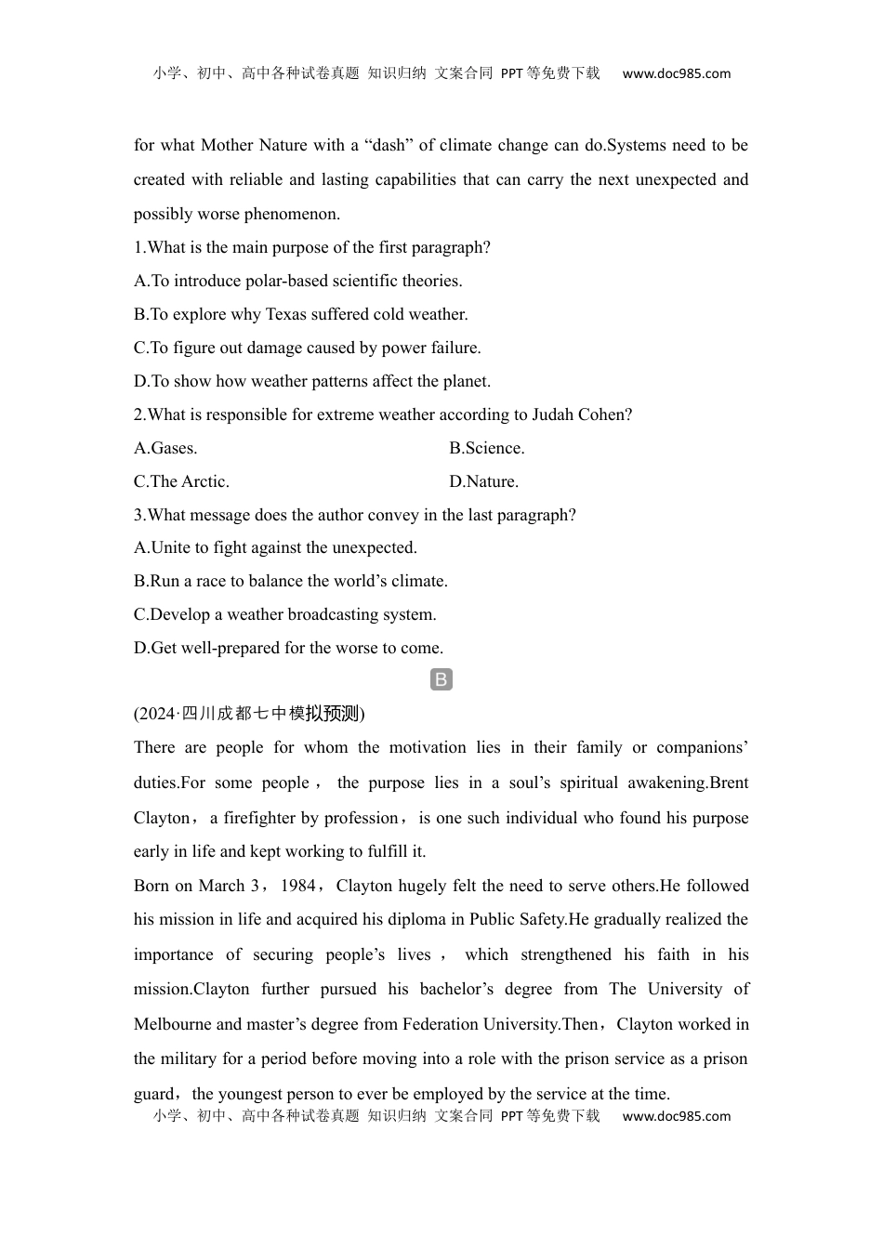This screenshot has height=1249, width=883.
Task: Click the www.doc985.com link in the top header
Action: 676,73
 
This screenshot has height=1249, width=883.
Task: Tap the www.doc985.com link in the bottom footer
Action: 676,1116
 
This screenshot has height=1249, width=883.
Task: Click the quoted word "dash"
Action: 388,145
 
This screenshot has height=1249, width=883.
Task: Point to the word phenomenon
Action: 292,214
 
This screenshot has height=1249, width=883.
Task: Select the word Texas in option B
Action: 285,314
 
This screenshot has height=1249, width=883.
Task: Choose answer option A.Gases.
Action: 165,448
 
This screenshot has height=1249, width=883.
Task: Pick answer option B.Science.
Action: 487,448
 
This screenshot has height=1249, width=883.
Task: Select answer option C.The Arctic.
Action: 181,481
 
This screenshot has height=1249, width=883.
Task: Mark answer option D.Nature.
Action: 484,481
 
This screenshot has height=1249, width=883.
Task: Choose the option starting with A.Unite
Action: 275,547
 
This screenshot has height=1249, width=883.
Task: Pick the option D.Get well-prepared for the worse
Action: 288,648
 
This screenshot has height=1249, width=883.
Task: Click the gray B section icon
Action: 441,679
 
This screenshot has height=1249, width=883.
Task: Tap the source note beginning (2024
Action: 249,714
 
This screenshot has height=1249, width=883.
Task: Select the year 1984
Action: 297,886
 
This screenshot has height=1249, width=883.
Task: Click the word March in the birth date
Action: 221,886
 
